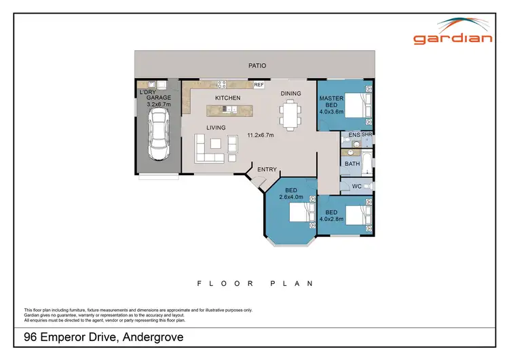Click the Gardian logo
pos(454,33)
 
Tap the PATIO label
pos(257,66)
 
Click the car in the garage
pos(159,136)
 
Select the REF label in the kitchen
pos(258,86)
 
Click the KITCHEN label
pos(228,98)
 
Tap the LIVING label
pos(216,128)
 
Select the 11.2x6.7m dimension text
pos(260,135)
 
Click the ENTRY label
pos(266,169)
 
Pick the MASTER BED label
pos(332,103)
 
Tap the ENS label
pos(354,136)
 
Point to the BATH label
pos(352,164)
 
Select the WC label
pos(357,186)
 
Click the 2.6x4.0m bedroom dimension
pos(293,197)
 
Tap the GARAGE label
pos(159,98)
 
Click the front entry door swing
pos(257,181)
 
